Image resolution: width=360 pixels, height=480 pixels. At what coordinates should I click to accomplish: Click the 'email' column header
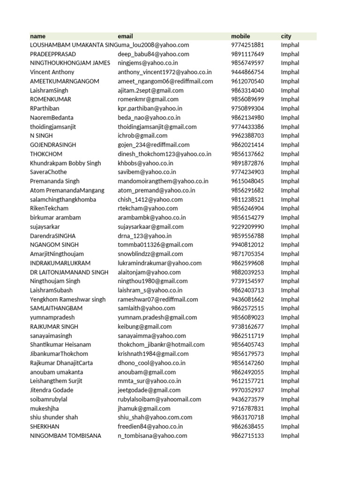[125, 36]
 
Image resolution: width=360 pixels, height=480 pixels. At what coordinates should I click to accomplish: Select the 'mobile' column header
[240, 36]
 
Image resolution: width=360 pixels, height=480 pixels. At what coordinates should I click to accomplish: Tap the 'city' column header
[286, 36]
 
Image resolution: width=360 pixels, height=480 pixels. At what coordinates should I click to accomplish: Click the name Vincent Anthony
[52, 72]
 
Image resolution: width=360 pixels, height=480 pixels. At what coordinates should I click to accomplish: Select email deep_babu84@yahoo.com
[153, 54]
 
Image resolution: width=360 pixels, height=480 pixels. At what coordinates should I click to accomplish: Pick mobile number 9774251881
[247, 45]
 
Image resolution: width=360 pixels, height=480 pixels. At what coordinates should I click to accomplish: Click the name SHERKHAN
[45, 427]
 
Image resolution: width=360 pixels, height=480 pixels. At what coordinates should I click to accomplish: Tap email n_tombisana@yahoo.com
[152, 435]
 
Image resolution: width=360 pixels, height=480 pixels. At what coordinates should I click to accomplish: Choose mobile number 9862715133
[247, 435]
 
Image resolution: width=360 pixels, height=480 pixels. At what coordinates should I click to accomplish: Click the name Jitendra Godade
[52, 390]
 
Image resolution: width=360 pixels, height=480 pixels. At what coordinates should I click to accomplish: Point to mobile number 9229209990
[247, 226]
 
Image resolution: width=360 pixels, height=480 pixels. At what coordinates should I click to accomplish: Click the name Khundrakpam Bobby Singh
[65, 163]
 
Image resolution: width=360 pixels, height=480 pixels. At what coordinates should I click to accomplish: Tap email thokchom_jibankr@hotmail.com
[161, 345]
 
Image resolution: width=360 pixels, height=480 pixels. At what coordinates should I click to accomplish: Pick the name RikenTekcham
[49, 208]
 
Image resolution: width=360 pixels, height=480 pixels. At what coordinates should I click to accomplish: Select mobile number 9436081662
[247, 299]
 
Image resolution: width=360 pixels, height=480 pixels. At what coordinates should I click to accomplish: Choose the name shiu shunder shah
[54, 417]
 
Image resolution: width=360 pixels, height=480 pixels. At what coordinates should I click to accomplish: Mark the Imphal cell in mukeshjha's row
[290, 408]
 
